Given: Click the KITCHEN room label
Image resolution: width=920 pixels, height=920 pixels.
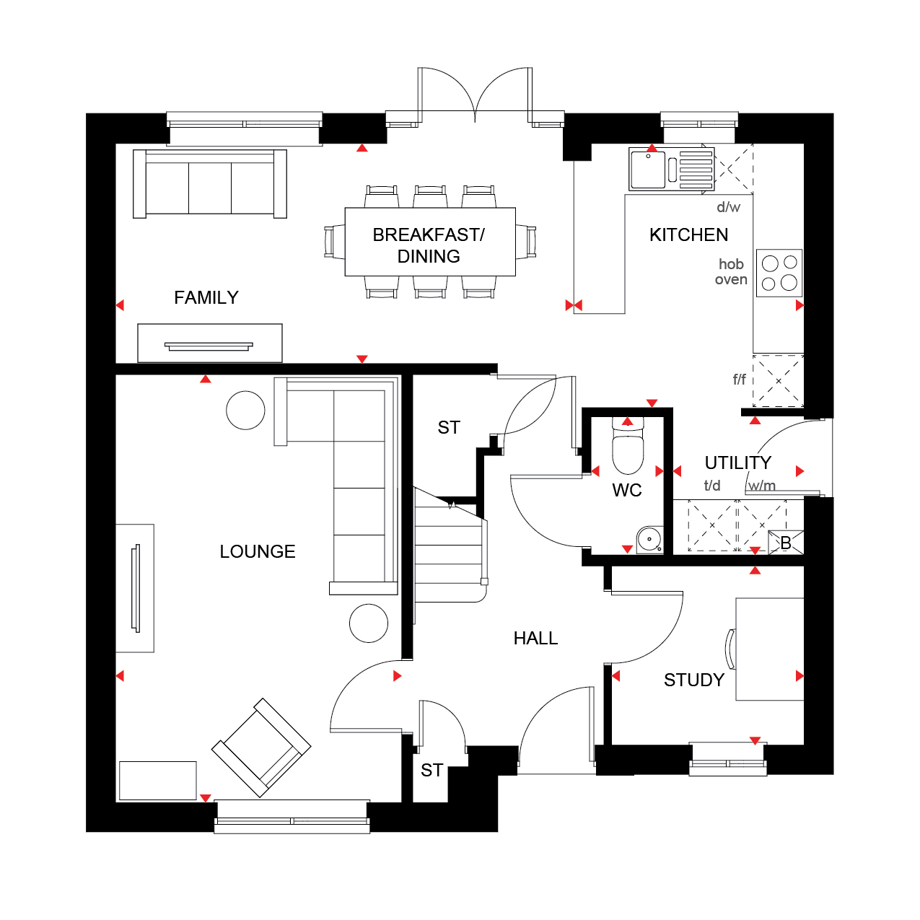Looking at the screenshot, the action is click(x=688, y=235).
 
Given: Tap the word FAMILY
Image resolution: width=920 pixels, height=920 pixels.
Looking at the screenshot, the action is click(x=206, y=297).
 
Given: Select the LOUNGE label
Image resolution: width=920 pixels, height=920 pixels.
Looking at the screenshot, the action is click(x=258, y=551).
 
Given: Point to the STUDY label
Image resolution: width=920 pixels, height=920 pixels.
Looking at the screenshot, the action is click(x=694, y=680).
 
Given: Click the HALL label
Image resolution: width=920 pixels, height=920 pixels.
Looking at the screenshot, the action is click(x=535, y=639).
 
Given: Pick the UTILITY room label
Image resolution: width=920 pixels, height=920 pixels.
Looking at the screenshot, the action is click(x=738, y=463).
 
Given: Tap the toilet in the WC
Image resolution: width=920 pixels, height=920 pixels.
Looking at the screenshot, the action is click(x=628, y=445).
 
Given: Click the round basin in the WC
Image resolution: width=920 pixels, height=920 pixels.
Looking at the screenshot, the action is click(x=650, y=540).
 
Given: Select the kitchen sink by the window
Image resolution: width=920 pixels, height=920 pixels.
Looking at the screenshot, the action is click(x=671, y=169).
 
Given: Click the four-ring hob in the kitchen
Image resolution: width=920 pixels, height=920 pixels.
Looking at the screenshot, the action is click(x=779, y=273).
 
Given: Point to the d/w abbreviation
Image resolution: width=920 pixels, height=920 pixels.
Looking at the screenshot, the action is click(x=729, y=207).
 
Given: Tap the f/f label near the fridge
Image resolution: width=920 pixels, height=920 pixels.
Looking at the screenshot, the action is click(x=740, y=380).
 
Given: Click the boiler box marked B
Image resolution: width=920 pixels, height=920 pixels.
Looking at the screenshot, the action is click(x=786, y=543).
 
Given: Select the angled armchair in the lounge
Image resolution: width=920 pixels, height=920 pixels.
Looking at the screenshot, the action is click(x=261, y=748).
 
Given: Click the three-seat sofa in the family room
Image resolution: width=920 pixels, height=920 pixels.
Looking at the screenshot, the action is click(x=209, y=184).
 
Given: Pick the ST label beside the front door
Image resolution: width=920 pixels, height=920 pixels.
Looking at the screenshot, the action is click(x=432, y=770).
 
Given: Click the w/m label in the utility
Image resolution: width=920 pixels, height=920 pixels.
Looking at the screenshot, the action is click(x=762, y=486).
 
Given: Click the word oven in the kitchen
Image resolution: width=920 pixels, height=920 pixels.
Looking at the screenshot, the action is click(x=731, y=280).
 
